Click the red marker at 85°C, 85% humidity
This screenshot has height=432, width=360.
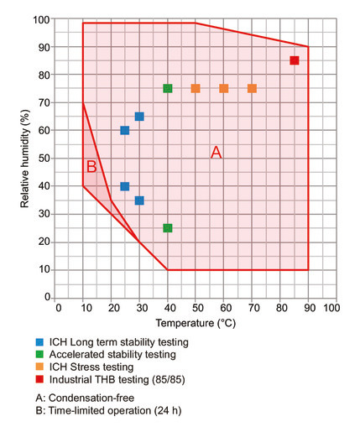pos(295,60)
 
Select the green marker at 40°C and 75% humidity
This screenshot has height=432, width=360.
pos(168,88)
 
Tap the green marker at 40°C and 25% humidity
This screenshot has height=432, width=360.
pos(168,228)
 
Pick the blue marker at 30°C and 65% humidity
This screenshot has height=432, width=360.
pos(139,117)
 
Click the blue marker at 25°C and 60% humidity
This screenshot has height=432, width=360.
pos(125,130)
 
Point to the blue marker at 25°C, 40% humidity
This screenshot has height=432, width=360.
pos(125,186)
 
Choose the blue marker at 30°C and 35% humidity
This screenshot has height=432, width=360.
pos(139,200)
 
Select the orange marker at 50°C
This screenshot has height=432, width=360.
pos(196,88)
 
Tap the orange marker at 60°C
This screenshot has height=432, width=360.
pos(224,88)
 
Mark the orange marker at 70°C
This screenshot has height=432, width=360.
pos(252,88)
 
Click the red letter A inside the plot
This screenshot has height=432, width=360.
pos(216,153)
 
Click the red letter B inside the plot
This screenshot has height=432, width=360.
pos(91,167)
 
